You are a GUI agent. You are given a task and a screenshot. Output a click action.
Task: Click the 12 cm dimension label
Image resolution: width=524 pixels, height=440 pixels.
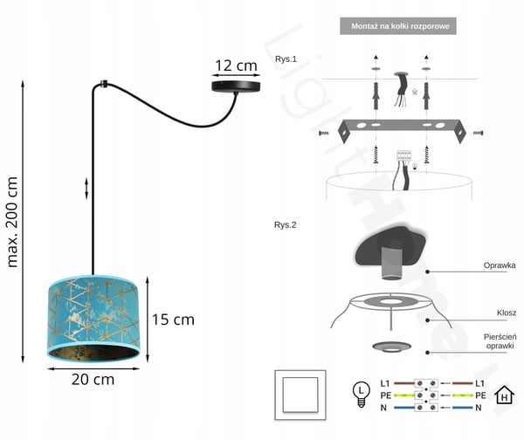click(237, 65)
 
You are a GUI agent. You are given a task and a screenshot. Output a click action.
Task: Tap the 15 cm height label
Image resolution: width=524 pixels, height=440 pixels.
click(173, 320)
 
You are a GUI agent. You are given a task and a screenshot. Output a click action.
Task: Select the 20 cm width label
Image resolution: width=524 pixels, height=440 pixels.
click(93, 380)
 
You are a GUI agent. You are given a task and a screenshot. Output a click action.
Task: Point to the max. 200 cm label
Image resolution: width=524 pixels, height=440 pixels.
click(12, 222)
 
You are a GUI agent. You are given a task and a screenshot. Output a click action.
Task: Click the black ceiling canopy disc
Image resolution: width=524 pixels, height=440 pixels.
click(236, 86)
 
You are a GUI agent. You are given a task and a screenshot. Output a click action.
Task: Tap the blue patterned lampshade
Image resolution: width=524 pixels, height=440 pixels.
click(93, 319)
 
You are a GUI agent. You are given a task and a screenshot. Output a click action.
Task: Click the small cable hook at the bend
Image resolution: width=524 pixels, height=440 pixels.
click(104, 83)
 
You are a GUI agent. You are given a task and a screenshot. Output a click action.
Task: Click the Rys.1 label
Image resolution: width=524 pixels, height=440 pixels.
click(286, 59)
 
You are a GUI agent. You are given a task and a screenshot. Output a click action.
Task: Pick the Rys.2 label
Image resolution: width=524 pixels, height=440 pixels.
click(285, 225)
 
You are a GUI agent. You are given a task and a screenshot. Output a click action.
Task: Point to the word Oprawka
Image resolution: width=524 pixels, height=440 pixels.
click(500, 265)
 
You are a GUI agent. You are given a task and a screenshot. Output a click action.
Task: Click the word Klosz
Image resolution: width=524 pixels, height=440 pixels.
click(507, 313)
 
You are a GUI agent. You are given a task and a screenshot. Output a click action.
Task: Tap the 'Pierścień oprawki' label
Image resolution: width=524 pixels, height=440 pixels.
click(500, 341)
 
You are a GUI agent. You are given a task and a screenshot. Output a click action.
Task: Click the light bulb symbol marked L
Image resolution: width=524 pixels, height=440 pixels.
click(362, 395)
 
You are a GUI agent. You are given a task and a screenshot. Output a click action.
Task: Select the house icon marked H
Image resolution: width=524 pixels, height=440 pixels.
click(504, 395)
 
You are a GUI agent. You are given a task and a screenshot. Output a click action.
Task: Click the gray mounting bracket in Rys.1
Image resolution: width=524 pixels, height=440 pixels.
click(402, 128)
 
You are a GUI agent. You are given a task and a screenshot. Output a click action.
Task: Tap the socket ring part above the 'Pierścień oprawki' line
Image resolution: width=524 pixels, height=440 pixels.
click(391, 347)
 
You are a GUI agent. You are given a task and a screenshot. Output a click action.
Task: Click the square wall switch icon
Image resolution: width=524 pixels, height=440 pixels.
click(300, 395)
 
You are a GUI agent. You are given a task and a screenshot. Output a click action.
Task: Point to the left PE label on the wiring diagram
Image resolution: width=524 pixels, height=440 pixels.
click(385, 395)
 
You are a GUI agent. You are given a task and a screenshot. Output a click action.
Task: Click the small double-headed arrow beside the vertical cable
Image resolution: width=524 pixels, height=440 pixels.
click(86, 189)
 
